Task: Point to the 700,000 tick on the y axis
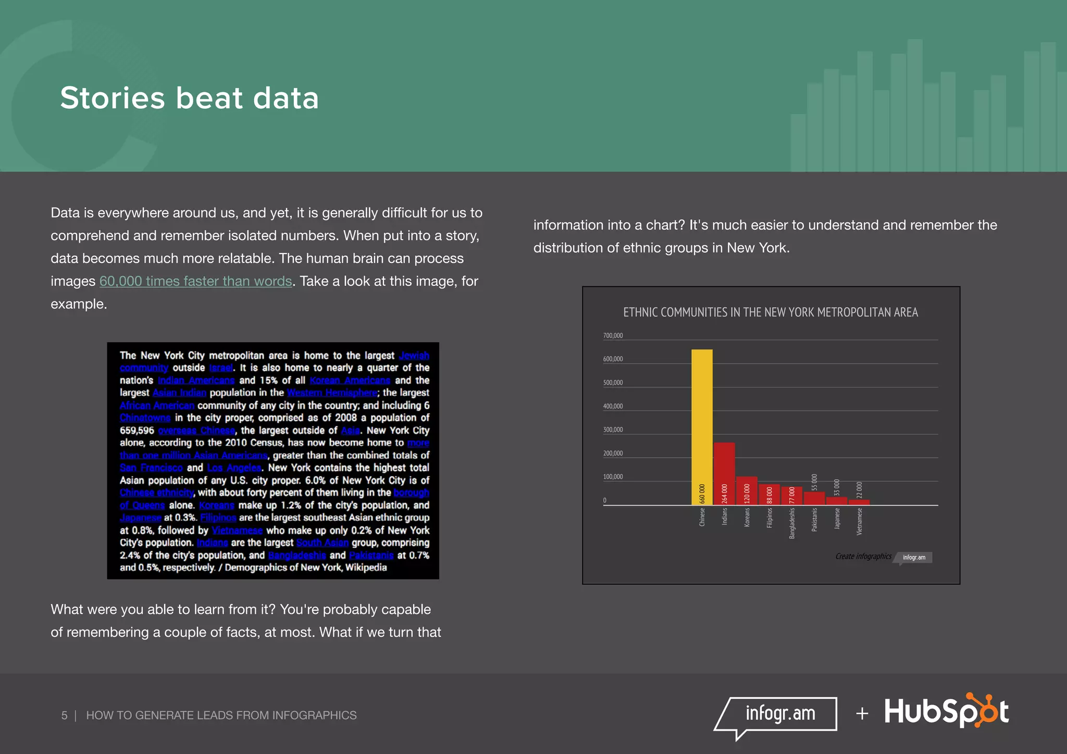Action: [x=613, y=336]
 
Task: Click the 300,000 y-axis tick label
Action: [x=613, y=430]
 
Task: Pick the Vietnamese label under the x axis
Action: [x=859, y=521]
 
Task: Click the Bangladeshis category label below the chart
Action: [x=792, y=523]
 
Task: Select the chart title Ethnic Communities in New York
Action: [x=770, y=312]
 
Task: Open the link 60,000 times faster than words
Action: [x=195, y=281]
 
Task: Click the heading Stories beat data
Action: [x=189, y=98]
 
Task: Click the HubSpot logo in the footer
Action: [x=946, y=711]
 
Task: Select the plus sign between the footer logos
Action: [x=862, y=713]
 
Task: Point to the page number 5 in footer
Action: [x=64, y=715]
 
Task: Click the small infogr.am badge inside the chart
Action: [x=914, y=558]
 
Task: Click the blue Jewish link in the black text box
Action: [x=414, y=356]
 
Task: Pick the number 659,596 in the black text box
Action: [x=137, y=431]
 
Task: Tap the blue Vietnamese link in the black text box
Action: [x=237, y=531]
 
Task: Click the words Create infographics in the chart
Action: [x=863, y=557]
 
